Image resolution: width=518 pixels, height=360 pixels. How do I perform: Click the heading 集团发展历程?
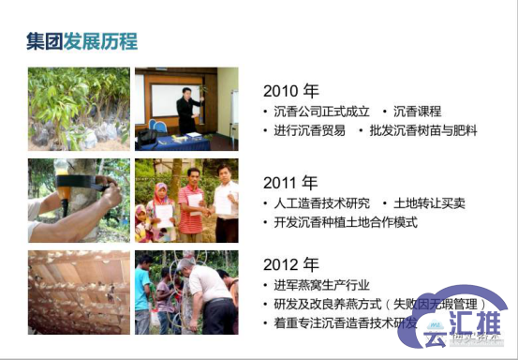tap(82, 42)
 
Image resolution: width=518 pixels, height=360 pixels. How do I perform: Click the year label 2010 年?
tap(290, 92)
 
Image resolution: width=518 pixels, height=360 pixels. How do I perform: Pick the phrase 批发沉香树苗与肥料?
tap(422, 131)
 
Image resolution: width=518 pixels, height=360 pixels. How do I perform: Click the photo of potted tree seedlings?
tap(78, 108)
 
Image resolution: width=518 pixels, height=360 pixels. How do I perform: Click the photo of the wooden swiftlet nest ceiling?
tap(78, 292)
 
